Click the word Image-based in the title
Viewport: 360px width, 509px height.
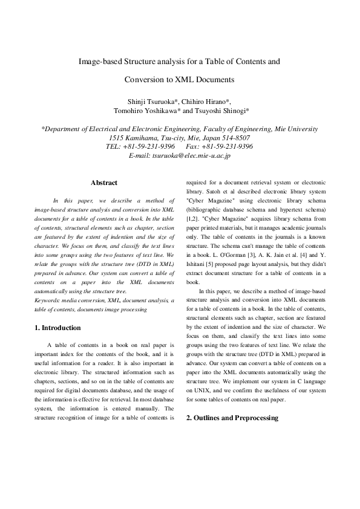pos(99,61)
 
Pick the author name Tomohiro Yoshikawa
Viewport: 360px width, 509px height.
pos(146,111)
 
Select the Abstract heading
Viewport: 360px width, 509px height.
pos(104,183)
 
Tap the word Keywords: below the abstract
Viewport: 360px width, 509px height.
pos(48,300)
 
